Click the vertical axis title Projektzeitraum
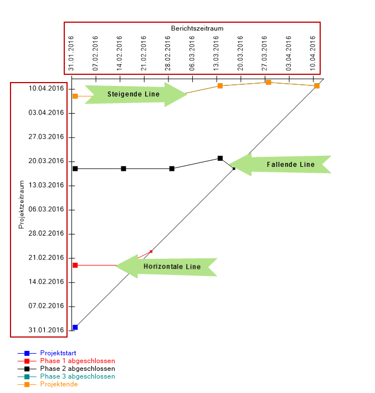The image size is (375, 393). click(x=22, y=204)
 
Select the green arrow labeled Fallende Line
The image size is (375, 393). click(x=282, y=165)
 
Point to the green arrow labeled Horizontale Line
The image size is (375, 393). click(x=169, y=267)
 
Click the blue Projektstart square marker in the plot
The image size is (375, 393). click(x=75, y=327)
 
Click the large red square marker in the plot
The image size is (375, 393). click(x=75, y=265)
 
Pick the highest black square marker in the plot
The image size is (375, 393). click(x=220, y=159)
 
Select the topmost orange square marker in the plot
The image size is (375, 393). click(x=268, y=82)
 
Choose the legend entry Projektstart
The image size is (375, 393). click(x=58, y=353)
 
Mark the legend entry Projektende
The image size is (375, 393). click(x=58, y=384)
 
